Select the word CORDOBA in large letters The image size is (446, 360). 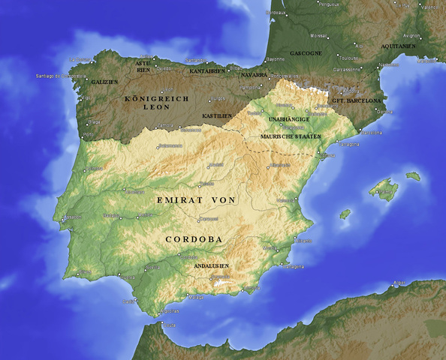click(x=194, y=239)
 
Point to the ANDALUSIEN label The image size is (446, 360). click(x=211, y=266)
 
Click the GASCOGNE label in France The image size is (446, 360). click(x=306, y=53)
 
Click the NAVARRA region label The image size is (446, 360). click(x=254, y=75)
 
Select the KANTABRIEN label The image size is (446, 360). click(x=207, y=70)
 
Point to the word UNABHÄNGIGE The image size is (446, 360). click(x=289, y=119)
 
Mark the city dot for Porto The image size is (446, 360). click(x=83, y=136)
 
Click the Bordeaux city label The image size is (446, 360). click(x=276, y=13)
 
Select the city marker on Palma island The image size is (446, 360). click(x=380, y=190)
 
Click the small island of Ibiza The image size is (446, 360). click(x=345, y=214)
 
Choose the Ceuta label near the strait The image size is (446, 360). click(x=170, y=324)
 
